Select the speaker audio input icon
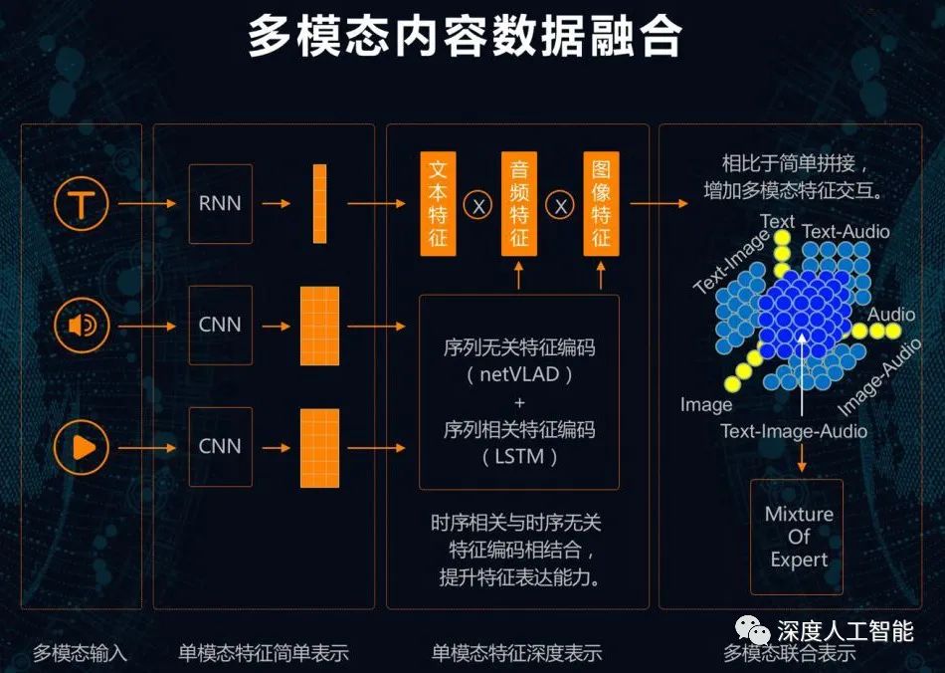point(82,325)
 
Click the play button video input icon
point(82,446)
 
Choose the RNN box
point(220,204)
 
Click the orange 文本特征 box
point(439,204)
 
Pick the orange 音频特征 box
point(519,204)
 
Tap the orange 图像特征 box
point(601,204)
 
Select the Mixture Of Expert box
point(799,538)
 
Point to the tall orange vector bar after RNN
point(319,204)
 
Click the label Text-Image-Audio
point(793,431)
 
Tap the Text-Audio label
point(846,232)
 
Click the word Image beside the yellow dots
point(706,405)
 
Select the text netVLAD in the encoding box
point(519,376)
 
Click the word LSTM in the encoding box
point(519,457)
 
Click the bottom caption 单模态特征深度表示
point(517,653)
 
